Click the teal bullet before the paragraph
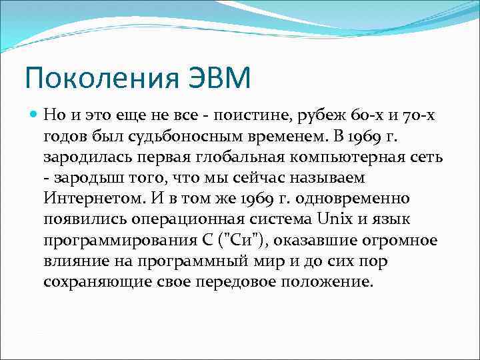point(33,115)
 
